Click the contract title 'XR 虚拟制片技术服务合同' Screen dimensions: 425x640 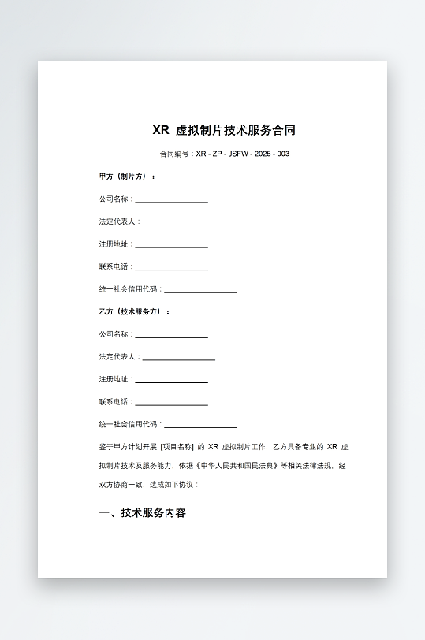coord(224,130)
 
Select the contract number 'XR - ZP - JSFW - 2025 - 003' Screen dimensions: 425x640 coord(243,154)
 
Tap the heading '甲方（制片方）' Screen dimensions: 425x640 coord(127,176)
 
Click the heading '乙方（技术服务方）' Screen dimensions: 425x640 coord(135,311)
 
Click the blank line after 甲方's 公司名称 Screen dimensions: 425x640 coord(171,200)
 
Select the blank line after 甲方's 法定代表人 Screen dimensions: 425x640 coord(178,223)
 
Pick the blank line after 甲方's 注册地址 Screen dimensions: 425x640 coord(171,245)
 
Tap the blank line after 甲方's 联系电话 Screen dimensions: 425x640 coord(171,268)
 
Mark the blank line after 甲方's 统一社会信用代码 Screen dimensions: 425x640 coord(200,291)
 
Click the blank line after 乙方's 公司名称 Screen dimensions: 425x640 coord(171,336)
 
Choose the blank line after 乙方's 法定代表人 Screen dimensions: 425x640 coord(178,358)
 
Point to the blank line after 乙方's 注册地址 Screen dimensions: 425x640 coord(171,381)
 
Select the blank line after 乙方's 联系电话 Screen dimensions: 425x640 coord(171,403)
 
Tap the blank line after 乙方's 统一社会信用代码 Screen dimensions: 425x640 coord(200,426)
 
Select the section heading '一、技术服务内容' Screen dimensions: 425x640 coord(143,513)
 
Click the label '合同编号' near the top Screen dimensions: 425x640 coord(174,154)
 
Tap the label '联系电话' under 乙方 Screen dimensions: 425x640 coord(114,402)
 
